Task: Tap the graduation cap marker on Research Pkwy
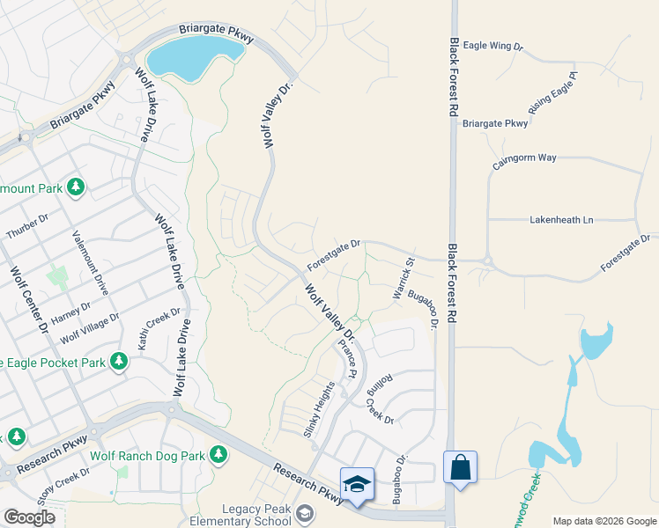[357, 484]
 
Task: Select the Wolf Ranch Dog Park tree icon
[218, 455]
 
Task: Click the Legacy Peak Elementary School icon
[305, 513]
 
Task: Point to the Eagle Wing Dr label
[493, 45]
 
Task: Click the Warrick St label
[404, 278]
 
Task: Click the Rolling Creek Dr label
[381, 399]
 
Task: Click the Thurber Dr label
[27, 226]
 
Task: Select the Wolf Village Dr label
[89, 328]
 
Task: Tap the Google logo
[29, 517]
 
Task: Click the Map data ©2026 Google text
[604, 521]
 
